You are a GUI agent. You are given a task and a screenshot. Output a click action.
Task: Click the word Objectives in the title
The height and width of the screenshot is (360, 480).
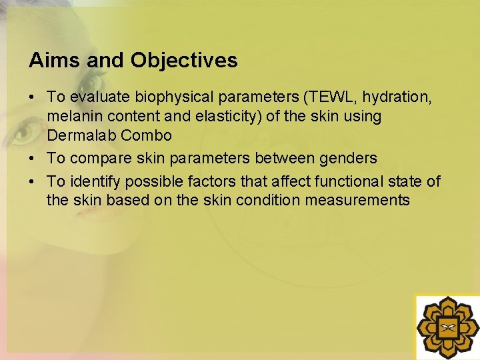(x=184, y=61)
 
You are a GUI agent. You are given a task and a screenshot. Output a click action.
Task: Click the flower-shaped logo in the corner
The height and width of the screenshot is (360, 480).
(x=447, y=327)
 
